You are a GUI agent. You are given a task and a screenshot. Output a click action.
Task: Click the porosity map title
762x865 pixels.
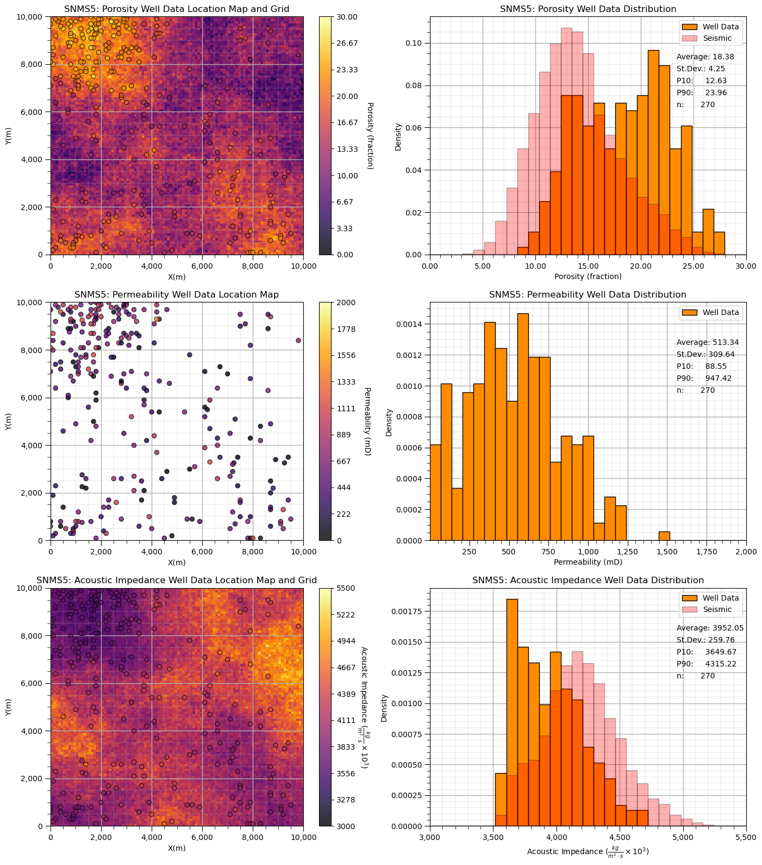[x=177, y=9]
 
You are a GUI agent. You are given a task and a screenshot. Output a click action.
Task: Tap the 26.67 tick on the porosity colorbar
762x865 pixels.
[x=345, y=44]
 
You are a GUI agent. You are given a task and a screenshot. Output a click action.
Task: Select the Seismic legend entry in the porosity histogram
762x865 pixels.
[x=717, y=39]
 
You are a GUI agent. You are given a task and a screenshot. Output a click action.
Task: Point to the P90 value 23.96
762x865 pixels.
[x=716, y=92]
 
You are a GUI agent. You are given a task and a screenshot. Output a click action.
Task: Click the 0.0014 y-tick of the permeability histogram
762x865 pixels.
[x=411, y=325]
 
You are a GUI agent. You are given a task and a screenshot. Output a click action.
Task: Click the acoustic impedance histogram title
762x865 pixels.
[x=588, y=580]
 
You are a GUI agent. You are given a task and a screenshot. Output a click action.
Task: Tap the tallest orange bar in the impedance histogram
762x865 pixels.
[x=512, y=712]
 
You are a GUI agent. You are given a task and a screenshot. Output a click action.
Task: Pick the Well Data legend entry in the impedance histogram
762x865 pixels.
[x=720, y=598]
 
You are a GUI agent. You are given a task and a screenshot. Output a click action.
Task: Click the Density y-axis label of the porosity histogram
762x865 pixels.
[x=398, y=136]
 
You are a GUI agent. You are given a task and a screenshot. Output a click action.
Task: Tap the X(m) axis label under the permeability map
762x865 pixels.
[x=177, y=563]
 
